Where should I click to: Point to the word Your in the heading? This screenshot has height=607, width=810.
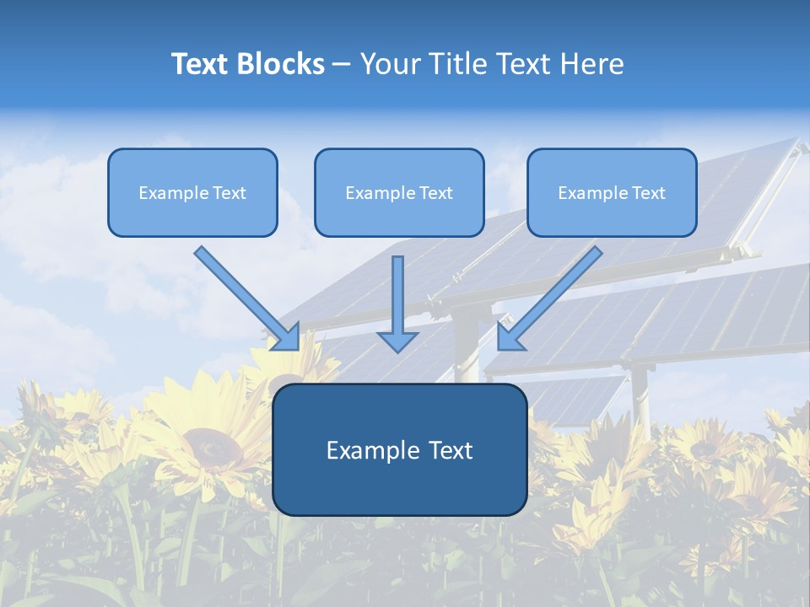click(x=391, y=64)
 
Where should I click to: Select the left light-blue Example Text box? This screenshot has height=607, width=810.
click(x=192, y=192)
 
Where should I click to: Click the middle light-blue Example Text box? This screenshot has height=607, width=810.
click(x=399, y=192)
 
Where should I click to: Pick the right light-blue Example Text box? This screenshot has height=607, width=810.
click(x=612, y=192)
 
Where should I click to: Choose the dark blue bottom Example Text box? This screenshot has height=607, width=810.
click(x=399, y=449)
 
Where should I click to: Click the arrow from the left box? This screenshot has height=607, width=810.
click(x=245, y=296)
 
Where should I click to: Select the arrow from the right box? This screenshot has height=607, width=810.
click(x=552, y=296)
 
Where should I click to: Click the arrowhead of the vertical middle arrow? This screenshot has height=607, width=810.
click(x=397, y=341)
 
